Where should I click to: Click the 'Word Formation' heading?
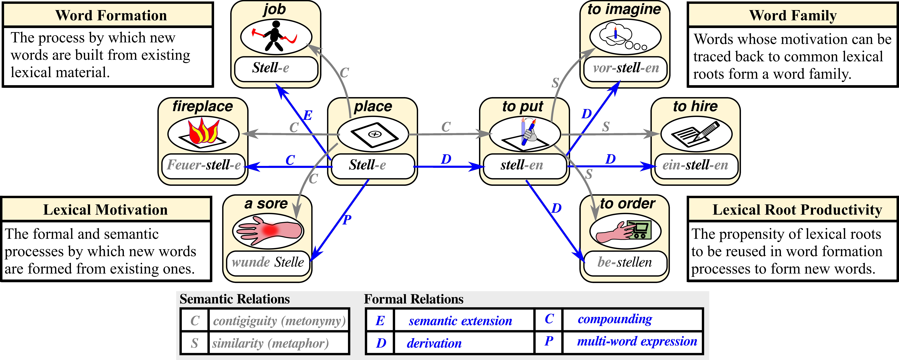tap(111, 15)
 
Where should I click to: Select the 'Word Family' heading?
tap(793, 15)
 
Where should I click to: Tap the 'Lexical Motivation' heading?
tap(105, 210)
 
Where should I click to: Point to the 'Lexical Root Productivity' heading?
tap(797, 210)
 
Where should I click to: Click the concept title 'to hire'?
tap(695, 106)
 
